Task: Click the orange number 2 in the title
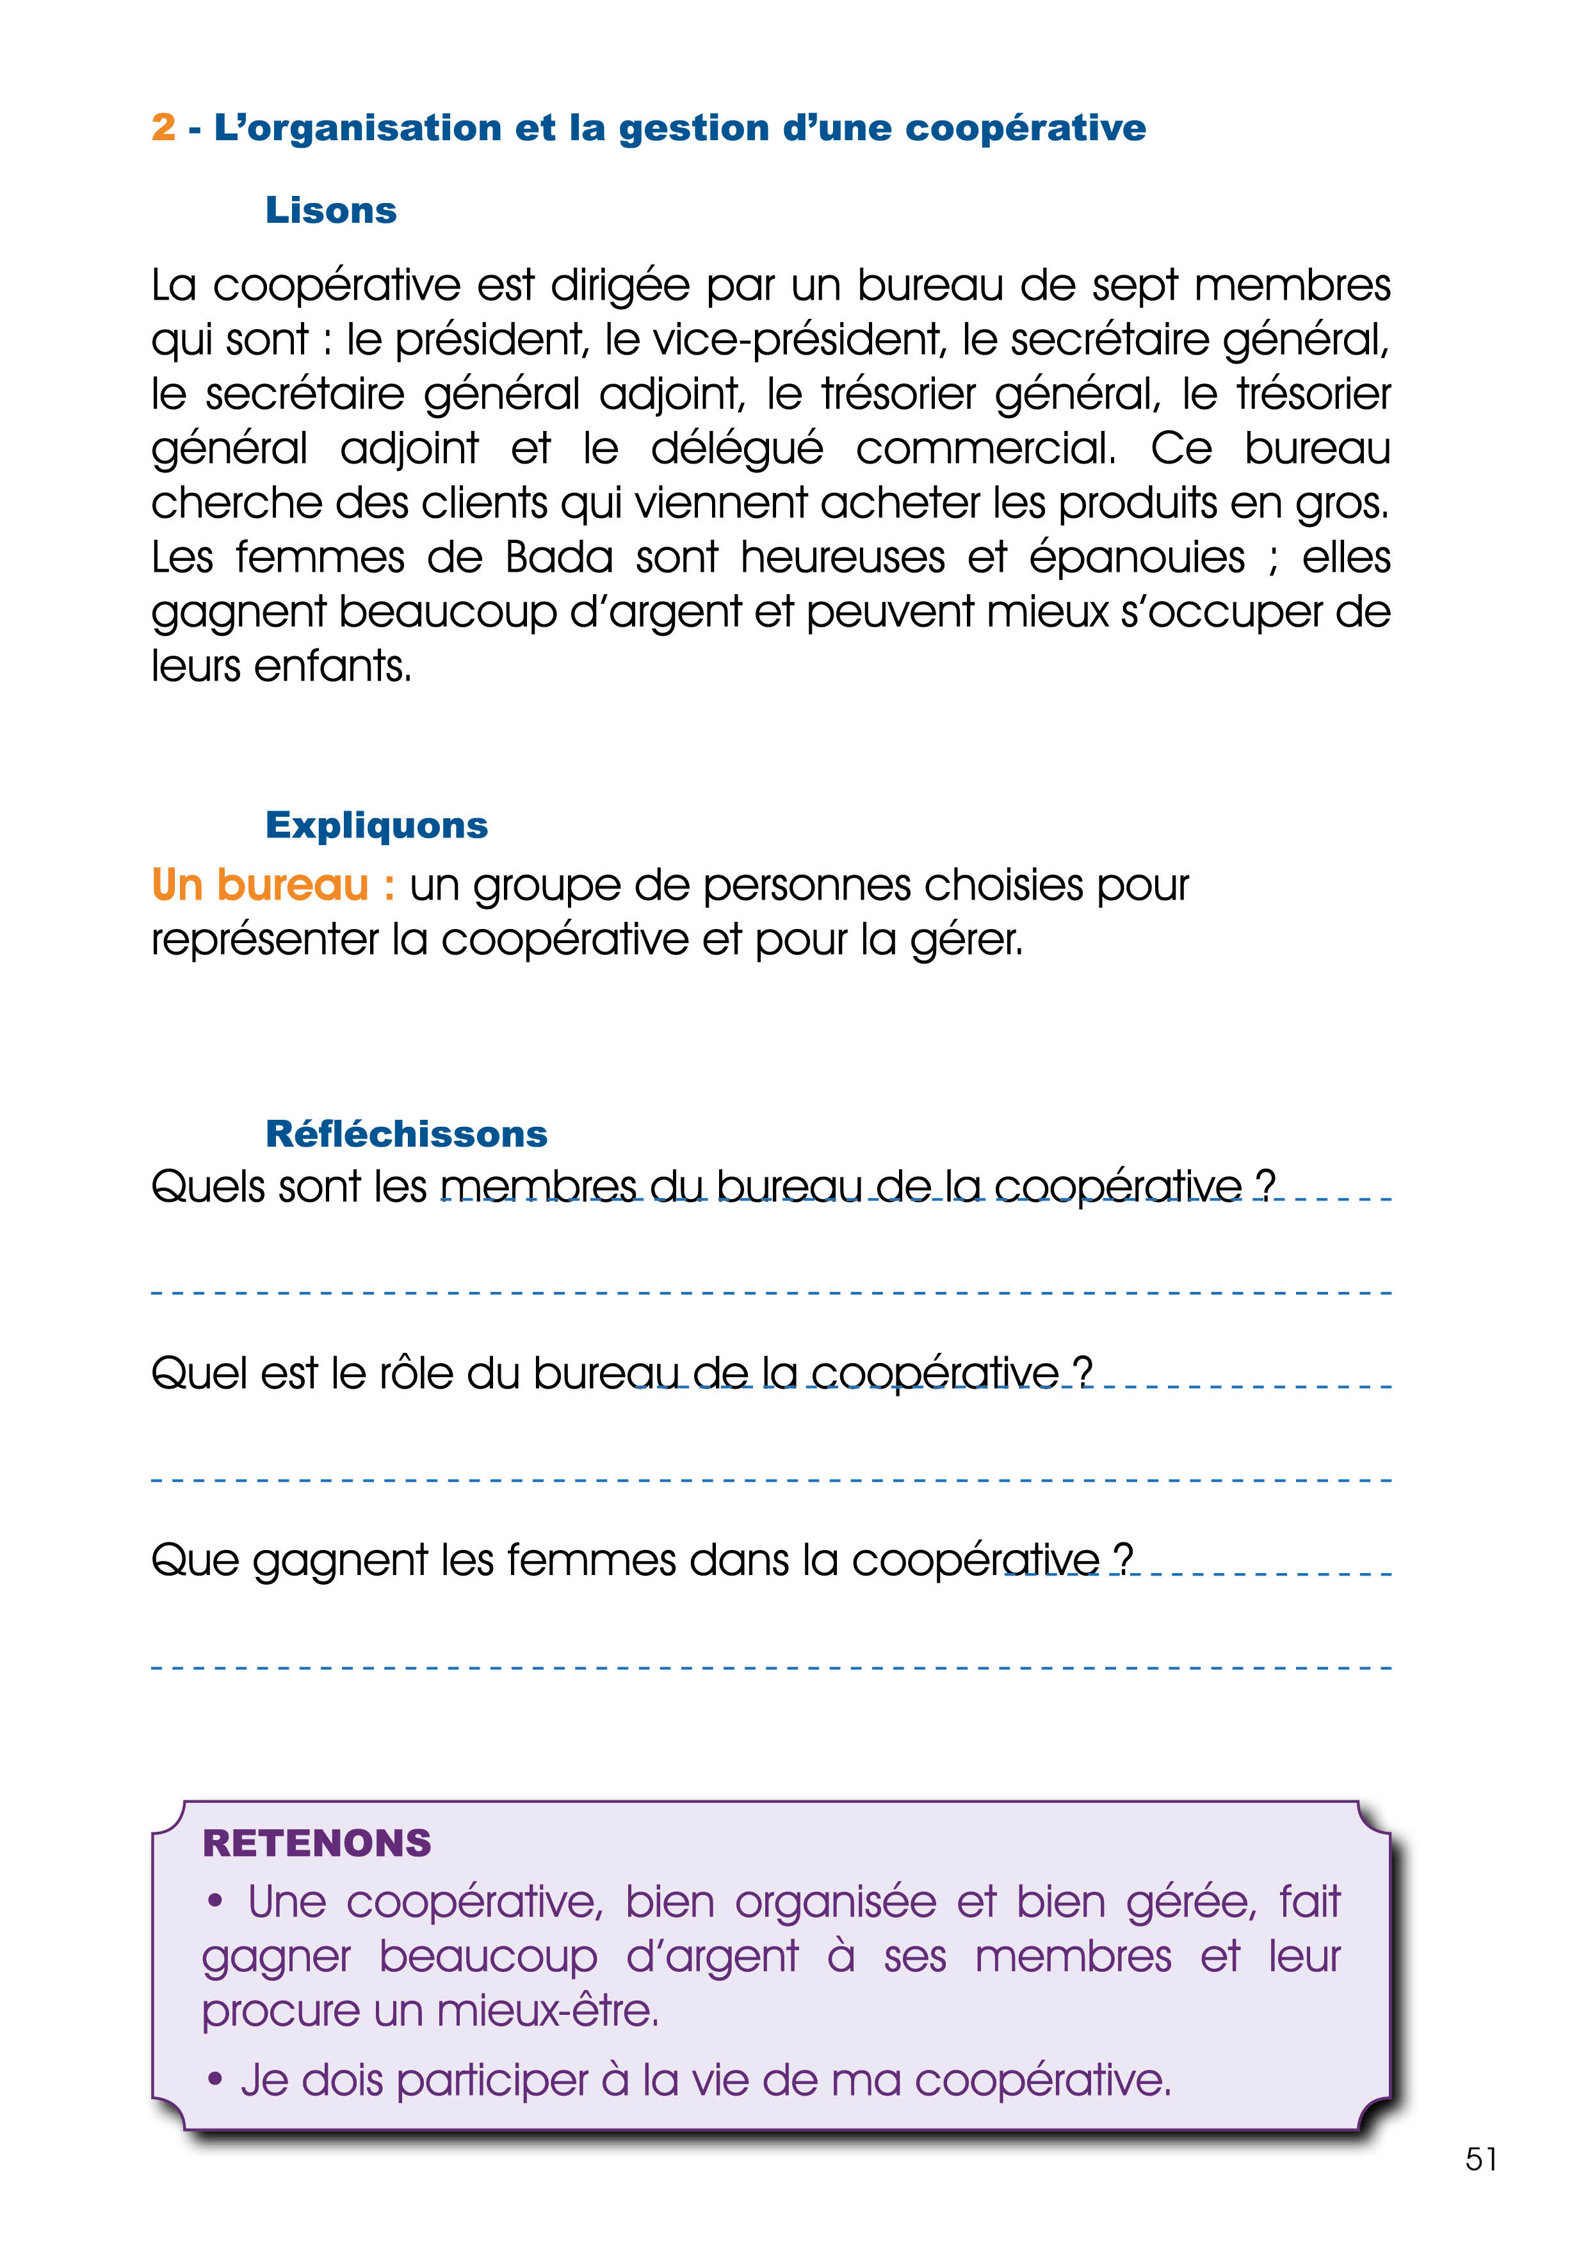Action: pyautogui.click(x=163, y=128)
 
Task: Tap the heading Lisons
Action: pyautogui.click(x=330, y=210)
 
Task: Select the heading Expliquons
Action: pyautogui.click(x=377, y=826)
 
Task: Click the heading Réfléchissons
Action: pyautogui.click(x=406, y=1134)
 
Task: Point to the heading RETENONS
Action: pyautogui.click(x=316, y=1843)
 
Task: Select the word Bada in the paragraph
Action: pyautogui.click(x=560, y=558)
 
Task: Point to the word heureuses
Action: pyautogui.click(x=843, y=558)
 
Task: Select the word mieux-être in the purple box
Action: pyautogui.click(x=548, y=2011)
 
